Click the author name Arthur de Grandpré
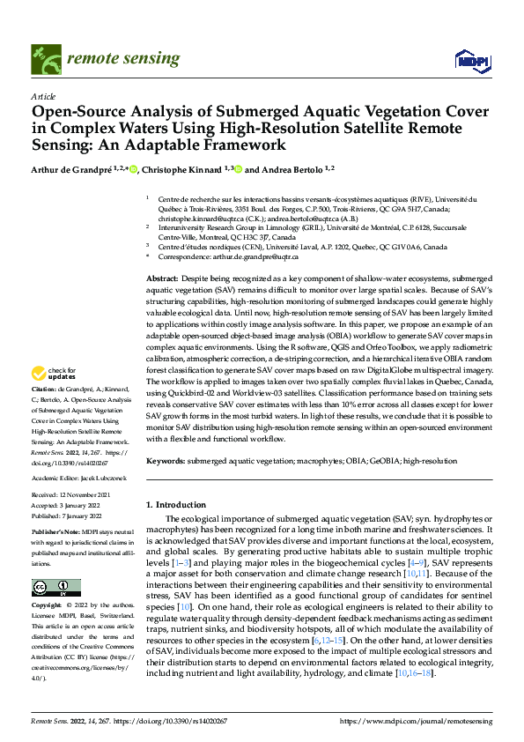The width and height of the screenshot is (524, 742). click(73, 169)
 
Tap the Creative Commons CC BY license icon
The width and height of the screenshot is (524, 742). click(55, 588)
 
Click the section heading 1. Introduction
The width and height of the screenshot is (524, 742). click(174, 504)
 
